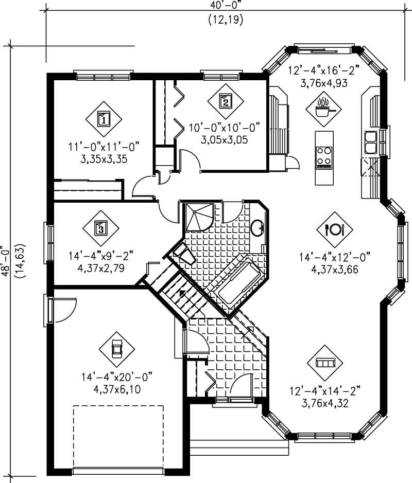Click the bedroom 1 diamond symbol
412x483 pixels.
pyautogui.click(x=104, y=119)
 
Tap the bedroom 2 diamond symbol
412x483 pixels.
pyautogui.click(x=225, y=101)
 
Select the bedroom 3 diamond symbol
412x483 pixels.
pyautogui.click(x=101, y=227)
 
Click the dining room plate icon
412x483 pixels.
pyautogui.click(x=334, y=229)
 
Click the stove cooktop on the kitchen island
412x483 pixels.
pyautogui.click(x=324, y=157)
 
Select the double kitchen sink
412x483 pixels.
pyautogui.click(x=371, y=142)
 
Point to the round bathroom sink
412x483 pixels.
pyautogui.click(x=257, y=227)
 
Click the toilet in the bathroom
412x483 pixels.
pyautogui.click(x=183, y=253)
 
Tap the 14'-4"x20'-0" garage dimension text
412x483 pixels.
pyautogui.click(x=117, y=377)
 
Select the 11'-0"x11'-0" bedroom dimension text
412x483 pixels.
pyautogui.click(x=104, y=148)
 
